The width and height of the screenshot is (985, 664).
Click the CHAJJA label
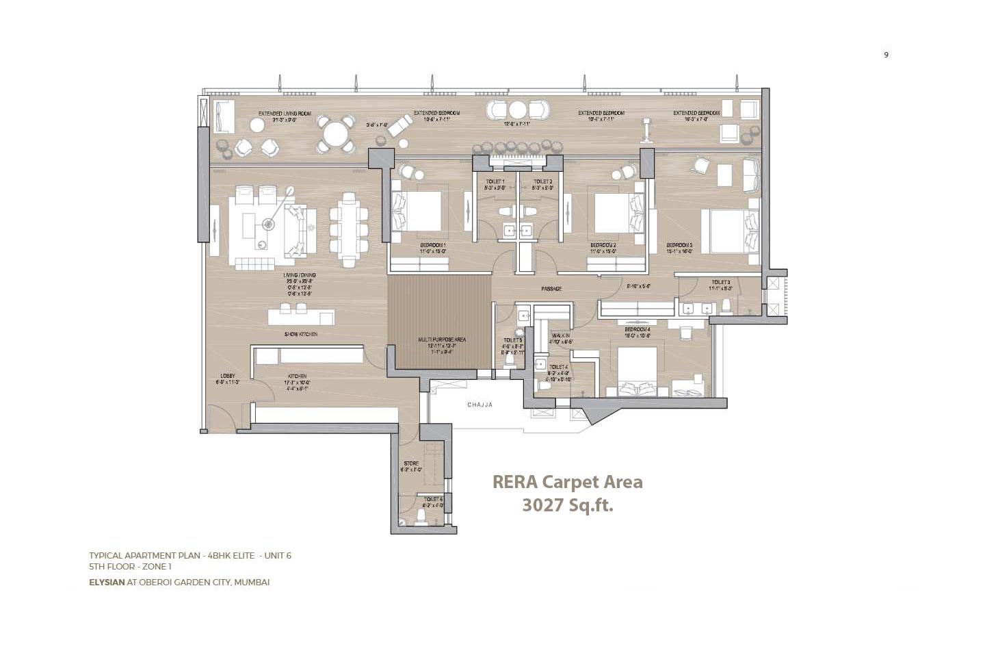click(x=480, y=405)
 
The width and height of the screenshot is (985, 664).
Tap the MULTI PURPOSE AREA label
click(x=442, y=340)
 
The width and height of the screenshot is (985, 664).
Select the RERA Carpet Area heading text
click(x=567, y=482)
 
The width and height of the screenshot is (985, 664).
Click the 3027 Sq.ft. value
click(x=567, y=505)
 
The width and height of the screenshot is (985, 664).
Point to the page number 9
click(x=886, y=55)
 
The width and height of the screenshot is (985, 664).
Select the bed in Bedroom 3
click(x=731, y=231)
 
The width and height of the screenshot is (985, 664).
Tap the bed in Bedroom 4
click(x=638, y=370)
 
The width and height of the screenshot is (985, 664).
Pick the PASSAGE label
click(x=551, y=289)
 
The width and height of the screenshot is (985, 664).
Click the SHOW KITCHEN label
click(x=301, y=334)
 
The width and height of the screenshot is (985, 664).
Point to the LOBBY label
click(x=228, y=376)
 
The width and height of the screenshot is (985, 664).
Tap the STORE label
click(x=410, y=464)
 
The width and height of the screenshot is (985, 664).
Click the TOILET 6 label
click(x=433, y=499)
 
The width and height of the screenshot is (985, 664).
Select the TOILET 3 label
click(x=720, y=282)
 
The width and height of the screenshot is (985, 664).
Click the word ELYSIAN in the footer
click(x=107, y=582)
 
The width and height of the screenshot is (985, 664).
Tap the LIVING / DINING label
click(x=300, y=275)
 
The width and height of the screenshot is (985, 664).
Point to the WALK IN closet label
click(x=561, y=335)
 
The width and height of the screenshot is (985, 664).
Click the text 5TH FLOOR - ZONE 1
click(x=130, y=567)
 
